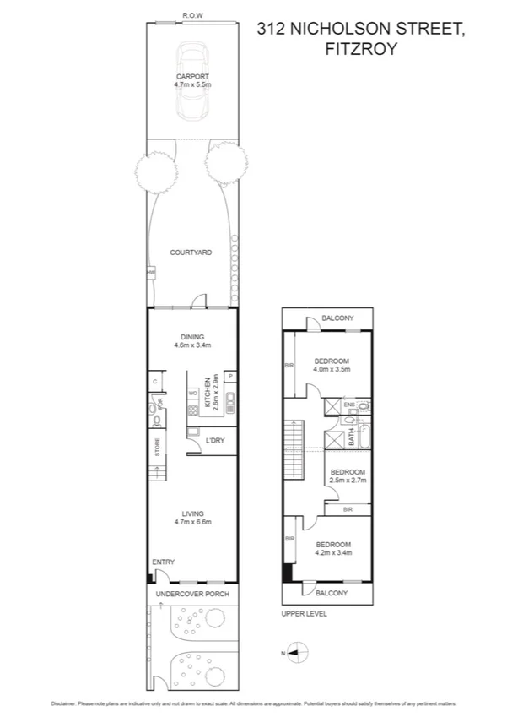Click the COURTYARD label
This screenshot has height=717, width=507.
pyautogui.click(x=190, y=253)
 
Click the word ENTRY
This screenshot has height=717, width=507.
pyautogui.click(x=163, y=562)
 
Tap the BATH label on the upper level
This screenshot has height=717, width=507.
pyautogui.click(x=351, y=437)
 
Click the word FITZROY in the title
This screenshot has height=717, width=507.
pyautogui.click(x=359, y=49)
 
